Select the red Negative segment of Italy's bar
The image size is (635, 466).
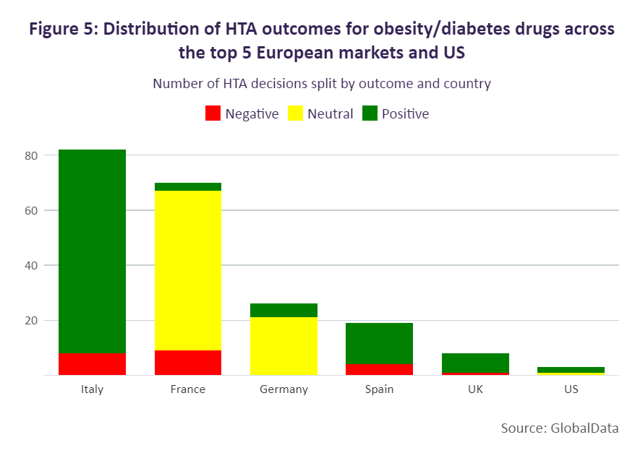click(x=92, y=364)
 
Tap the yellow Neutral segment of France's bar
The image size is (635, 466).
click(x=188, y=270)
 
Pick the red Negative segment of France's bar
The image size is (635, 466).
click(x=188, y=363)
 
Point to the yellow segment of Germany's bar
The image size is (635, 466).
click(x=284, y=346)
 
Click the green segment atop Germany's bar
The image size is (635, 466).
click(x=284, y=310)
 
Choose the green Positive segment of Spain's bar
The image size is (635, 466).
click(x=379, y=343)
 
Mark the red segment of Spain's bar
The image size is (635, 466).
click(x=379, y=369)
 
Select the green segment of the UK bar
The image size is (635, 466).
click(x=475, y=363)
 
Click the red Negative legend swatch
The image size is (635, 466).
click(x=213, y=113)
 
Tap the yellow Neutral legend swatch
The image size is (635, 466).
click(x=295, y=113)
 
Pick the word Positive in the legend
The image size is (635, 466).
click(x=405, y=114)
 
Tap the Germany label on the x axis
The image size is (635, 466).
click(x=284, y=389)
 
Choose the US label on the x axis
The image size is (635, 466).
click(x=571, y=389)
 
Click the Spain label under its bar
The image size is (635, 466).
click(x=379, y=389)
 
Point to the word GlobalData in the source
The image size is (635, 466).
click(x=584, y=428)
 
